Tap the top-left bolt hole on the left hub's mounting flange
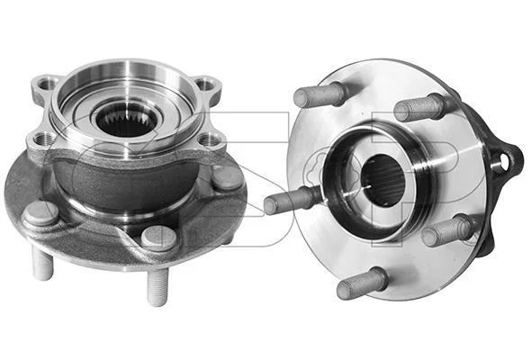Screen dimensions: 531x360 pos(45,84)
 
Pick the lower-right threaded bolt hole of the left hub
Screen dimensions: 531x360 pos(207,139)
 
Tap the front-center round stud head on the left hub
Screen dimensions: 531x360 pos(158,238)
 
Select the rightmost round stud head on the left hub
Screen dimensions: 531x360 pos(228,176)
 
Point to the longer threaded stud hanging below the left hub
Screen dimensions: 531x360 pos(157,287)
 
